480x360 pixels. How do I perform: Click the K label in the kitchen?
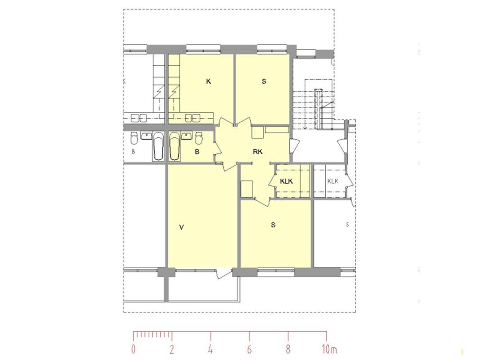pos(208,81)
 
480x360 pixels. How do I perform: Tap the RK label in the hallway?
pos(258,152)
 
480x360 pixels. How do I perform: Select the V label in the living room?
pos(182,227)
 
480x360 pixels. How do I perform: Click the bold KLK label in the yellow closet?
pos(286,181)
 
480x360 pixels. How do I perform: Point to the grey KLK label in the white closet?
pos(333,181)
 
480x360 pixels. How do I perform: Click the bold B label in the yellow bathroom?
pos(197,152)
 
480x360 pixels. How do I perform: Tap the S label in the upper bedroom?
pos(264,81)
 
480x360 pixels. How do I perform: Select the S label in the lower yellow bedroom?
pos(273,225)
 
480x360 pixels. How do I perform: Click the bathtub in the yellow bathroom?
pos(174,146)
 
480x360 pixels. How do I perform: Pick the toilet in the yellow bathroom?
pos(199,138)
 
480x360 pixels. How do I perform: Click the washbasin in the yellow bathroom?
pos(186,135)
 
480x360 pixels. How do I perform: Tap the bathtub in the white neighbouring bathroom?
pos(158,146)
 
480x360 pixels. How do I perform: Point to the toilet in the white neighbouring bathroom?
pos(134,138)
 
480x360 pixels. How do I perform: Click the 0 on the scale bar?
pos(133,349)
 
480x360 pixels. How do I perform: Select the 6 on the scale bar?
pos(249,349)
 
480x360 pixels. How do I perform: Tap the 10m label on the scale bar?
pos(329,349)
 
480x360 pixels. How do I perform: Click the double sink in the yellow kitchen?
pos(193,117)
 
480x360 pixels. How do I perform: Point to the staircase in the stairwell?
pos(312,104)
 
